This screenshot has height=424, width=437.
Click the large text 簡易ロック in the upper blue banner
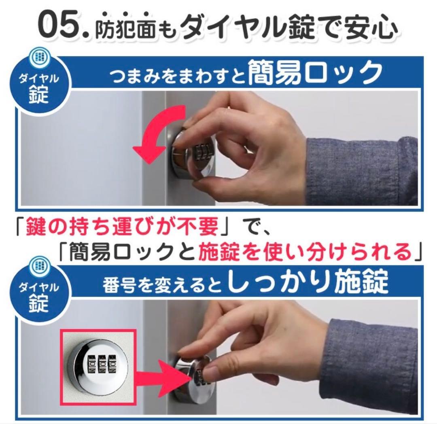(x=314, y=73)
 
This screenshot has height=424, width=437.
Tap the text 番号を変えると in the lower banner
(x=163, y=286)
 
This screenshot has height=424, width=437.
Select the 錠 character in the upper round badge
(x=39, y=94)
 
